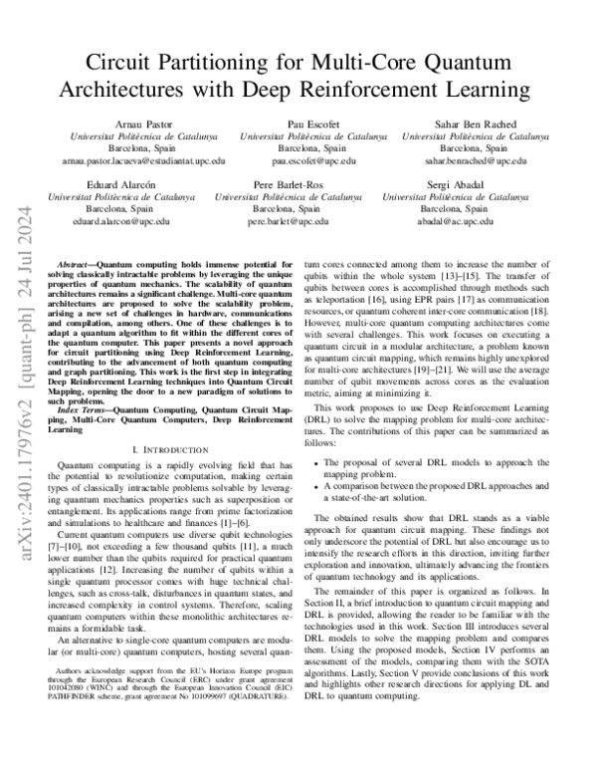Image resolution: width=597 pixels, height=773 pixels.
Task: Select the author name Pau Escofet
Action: point(313,124)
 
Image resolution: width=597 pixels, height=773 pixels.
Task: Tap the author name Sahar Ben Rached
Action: point(476,124)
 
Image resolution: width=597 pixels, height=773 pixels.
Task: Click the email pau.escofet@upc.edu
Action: point(313,159)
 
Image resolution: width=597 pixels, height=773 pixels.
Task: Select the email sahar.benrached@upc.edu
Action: point(476,159)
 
